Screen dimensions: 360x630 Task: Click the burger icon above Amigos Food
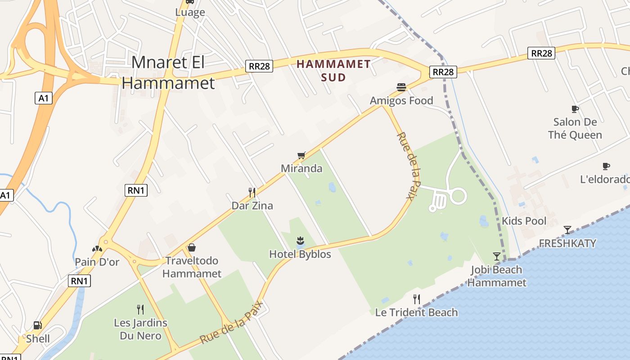tap(401, 87)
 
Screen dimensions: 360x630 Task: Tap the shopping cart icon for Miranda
tap(301, 155)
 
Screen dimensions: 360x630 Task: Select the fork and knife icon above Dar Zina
tap(252, 193)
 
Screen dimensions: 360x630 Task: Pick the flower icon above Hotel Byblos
tap(300, 240)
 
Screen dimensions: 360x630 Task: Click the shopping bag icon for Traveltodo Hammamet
tap(192, 247)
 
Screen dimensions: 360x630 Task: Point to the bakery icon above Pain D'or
tap(97, 248)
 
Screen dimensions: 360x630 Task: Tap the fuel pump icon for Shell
tap(38, 325)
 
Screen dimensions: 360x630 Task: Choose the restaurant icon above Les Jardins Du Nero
tap(140, 309)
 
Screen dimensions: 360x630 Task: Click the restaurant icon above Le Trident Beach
tap(417, 299)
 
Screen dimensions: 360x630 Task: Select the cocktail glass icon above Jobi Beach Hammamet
tap(497, 256)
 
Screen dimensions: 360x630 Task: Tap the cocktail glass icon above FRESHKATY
tap(567, 230)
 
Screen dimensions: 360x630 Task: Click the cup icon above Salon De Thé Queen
tap(575, 108)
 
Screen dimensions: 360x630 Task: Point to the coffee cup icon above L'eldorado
tap(606, 166)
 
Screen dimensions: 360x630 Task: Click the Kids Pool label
tap(524, 221)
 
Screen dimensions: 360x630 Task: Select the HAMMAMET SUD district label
tap(333, 71)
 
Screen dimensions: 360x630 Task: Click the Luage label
tap(190, 13)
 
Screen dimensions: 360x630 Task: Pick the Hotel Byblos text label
tap(300, 254)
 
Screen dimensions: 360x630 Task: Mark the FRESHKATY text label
tap(567, 243)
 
